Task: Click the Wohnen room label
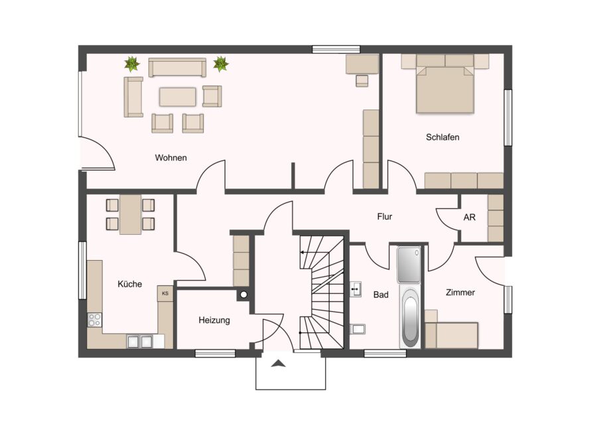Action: tap(170, 158)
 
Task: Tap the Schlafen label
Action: tap(442, 137)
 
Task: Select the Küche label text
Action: tap(129, 284)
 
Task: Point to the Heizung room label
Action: tap(214, 320)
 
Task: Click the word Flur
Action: tap(385, 217)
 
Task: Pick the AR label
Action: tap(470, 217)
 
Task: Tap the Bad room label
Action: tap(381, 295)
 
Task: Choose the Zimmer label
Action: tap(460, 293)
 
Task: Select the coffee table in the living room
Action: tap(178, 97)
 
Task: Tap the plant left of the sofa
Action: tap(132, 64)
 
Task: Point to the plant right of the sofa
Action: tap(220, 64)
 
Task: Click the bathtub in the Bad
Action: tap(410, 317)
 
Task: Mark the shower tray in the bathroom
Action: tap(409, 265)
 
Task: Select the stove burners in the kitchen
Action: tap(94, 320)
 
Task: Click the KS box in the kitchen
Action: tap(165, 294)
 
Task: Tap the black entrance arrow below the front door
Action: tap(279, 364)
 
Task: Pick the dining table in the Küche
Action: tap(130, 214)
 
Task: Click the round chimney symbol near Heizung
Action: tap(243, 295)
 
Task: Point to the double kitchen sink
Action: tap(140, 342)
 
